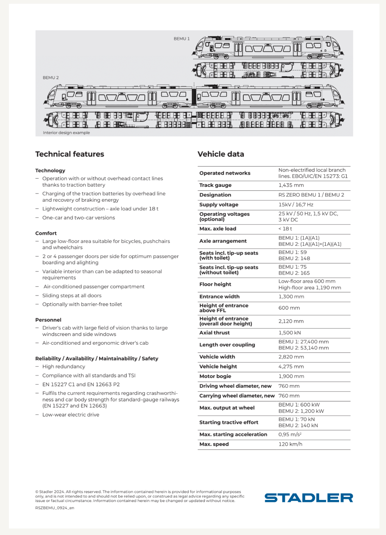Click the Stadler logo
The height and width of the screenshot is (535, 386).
308,498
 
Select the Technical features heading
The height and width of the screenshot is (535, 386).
70,154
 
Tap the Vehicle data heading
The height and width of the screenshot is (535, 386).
221,154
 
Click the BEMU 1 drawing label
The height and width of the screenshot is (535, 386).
182,39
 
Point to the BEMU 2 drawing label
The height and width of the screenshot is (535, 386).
51,78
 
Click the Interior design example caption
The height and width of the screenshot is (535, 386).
66,133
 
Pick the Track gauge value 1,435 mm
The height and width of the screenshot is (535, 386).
291,185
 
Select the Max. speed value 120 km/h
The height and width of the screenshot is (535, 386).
290,444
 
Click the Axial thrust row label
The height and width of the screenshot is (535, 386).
214,333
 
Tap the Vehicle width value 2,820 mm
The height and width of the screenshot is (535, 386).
291,357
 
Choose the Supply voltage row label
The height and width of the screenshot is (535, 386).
219,204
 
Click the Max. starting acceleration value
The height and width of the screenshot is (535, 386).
290,434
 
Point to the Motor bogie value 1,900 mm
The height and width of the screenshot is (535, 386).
291,376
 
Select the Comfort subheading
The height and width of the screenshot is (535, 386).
46,233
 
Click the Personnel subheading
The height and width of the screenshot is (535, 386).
48,320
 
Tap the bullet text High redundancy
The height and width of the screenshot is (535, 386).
63,367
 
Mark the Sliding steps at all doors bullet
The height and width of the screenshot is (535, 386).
72,296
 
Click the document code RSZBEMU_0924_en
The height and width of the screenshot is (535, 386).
55,508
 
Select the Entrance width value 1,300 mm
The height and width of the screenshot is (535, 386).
291,297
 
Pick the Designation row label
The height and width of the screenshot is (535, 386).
215,195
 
